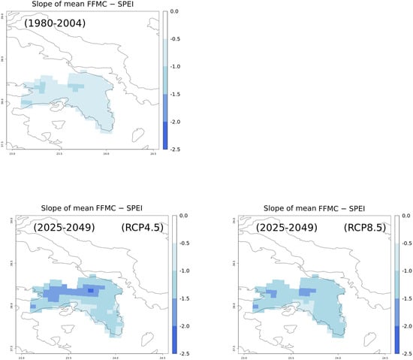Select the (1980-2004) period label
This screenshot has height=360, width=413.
click(x=54, y=23)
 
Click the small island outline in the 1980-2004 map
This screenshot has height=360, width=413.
click(x=137, y=136)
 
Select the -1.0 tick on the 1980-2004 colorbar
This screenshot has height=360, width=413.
click(x=175, y=66)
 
